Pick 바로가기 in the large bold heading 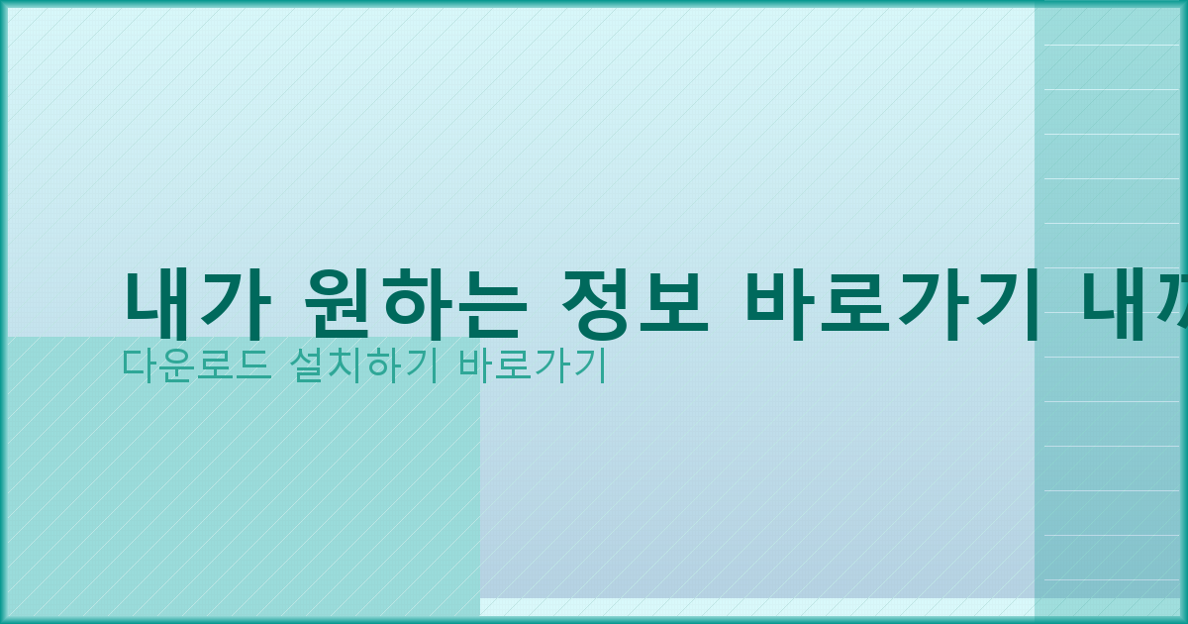891,304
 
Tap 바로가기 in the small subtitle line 532,365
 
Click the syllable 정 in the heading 595,304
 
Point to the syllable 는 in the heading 485,304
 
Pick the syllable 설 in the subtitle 306,365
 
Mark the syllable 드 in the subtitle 248,365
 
